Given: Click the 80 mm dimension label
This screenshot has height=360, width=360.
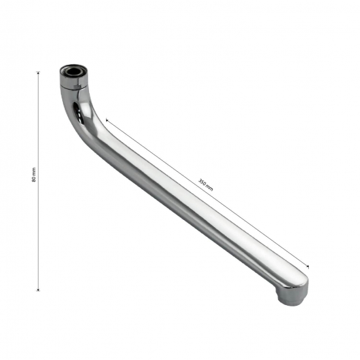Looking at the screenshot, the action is tap(34, 175).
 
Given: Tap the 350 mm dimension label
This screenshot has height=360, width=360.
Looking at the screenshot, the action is tap(206, 185).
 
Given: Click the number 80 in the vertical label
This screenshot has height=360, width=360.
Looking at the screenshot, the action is tap(34, 179).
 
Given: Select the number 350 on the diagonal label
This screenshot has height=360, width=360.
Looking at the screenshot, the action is tap(202, 182).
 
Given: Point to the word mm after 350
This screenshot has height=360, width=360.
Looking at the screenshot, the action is tap(210, 189).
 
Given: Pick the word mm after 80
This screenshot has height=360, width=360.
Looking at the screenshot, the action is tap(34, 171).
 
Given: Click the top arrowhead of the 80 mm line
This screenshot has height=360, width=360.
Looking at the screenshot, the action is tap(39, 73).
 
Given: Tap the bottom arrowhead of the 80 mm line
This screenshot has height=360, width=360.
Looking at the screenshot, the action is tap(39, 290).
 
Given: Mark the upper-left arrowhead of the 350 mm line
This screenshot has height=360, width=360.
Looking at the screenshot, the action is tap(107, 120).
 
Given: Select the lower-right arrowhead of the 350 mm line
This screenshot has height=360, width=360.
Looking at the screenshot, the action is tap(308, 266).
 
